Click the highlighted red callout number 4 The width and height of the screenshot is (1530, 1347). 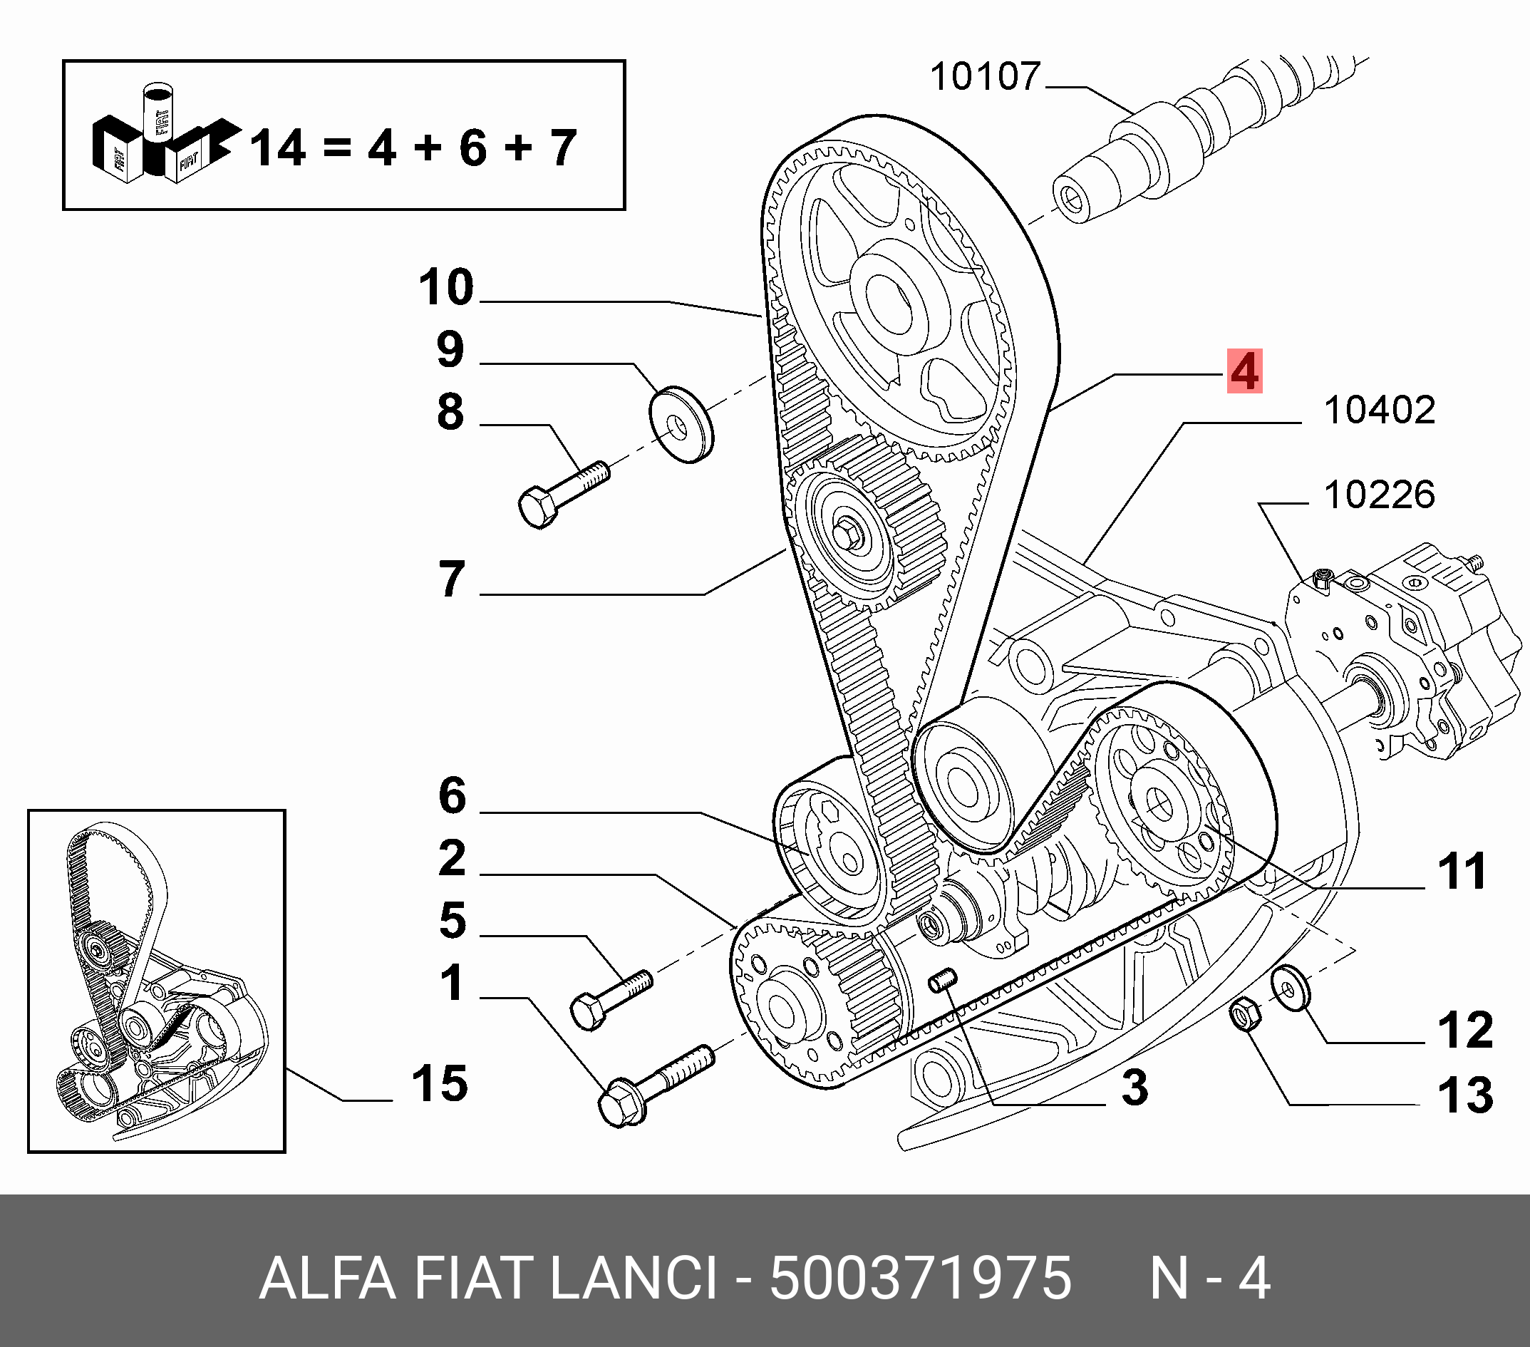point(1244,371)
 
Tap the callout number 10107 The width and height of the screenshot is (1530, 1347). point(985,76)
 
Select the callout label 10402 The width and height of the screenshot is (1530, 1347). point(1379,411)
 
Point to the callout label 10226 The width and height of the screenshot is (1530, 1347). point(1379,495)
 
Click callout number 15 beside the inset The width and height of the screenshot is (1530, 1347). point(440,1083)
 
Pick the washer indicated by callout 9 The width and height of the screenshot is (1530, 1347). point(681,425)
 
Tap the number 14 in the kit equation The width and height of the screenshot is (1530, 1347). point(277,148)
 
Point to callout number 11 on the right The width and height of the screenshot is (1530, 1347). point(1461,872)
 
